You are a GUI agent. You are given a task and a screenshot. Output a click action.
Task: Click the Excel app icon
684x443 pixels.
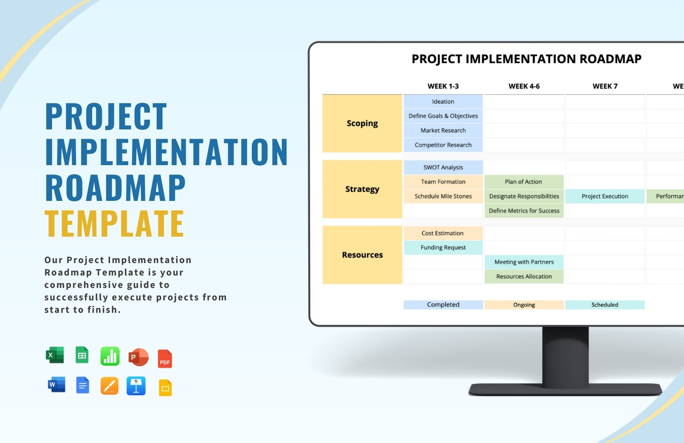(55, 355)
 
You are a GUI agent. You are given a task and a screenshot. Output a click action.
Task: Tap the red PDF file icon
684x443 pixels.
(165, 359)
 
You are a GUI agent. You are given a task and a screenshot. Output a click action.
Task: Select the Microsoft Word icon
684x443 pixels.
(56, 385)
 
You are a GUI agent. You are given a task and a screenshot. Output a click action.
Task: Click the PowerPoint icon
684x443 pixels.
(138, 357)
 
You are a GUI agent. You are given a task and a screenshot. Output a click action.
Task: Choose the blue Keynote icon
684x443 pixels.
(136, 386)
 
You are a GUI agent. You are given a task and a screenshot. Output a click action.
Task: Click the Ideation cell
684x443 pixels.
(443, 101)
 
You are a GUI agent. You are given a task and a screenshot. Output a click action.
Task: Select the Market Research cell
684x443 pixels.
(443, 131)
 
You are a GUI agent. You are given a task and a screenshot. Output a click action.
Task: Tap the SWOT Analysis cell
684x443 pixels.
(443, 167)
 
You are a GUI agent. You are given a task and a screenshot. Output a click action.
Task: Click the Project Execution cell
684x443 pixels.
(605, 196)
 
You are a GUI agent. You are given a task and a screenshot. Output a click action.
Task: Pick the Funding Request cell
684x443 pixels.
(443, 248)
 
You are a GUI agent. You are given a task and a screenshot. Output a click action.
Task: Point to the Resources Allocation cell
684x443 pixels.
(524, 276)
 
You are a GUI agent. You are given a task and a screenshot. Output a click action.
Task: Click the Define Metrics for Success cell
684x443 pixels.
(524, 211)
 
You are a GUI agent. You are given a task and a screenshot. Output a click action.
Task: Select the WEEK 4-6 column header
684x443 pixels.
(524, 86)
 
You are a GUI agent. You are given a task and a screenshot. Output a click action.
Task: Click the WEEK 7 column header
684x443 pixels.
(605, 86)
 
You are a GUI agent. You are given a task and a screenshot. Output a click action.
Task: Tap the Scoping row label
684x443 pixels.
(362, 124)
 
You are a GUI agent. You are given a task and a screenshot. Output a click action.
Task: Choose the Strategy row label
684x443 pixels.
(362, 189)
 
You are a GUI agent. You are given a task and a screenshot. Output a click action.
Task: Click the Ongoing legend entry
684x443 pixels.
(524, 305)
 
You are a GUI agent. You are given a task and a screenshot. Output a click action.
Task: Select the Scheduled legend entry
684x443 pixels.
(605, 305)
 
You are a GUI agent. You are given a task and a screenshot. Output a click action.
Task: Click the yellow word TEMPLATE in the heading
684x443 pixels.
(114, 223)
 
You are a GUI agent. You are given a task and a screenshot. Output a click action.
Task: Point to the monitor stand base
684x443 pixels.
(565, 389)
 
